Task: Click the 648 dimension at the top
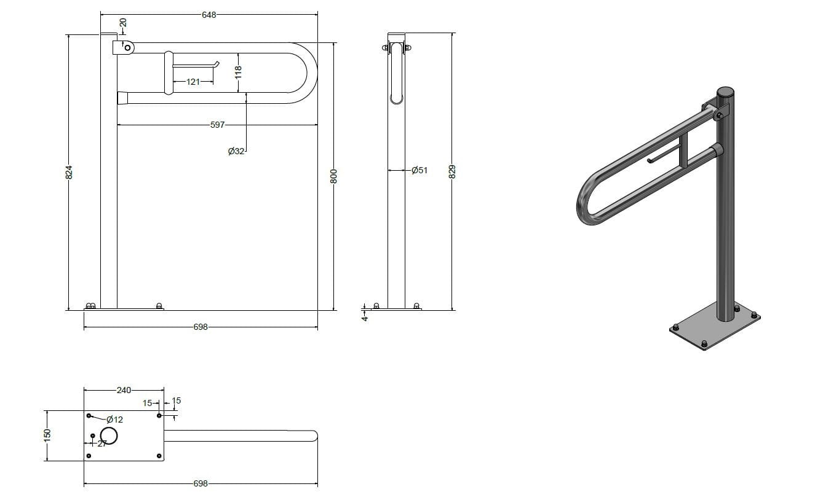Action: [x=209, y=15]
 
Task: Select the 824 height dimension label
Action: [x=70, y=172]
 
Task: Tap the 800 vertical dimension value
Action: [x=333, y=176]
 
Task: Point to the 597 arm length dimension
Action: [x=217, y=125]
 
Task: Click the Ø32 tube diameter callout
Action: [x=236, y=151]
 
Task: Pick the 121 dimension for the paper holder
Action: [x=193, y=82]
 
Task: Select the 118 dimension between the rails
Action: [x=238, y=72]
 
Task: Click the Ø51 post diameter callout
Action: [x=419, y=170]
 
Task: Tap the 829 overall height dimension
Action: [x=452, y=171]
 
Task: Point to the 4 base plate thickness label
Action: [x=365, y=318]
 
